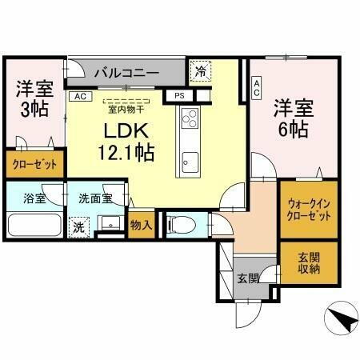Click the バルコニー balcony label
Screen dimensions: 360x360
click(126, 73)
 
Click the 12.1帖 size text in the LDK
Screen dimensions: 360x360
click(126, 150)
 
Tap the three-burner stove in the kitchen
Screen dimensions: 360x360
click(190, 121)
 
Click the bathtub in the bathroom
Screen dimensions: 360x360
click(33, 223)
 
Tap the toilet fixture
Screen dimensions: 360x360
click(180, 225)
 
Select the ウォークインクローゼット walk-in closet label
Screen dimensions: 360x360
click(308, 210)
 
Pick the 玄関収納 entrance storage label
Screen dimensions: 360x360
click(309, 262)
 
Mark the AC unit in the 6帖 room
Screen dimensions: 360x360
click(256, 87)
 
